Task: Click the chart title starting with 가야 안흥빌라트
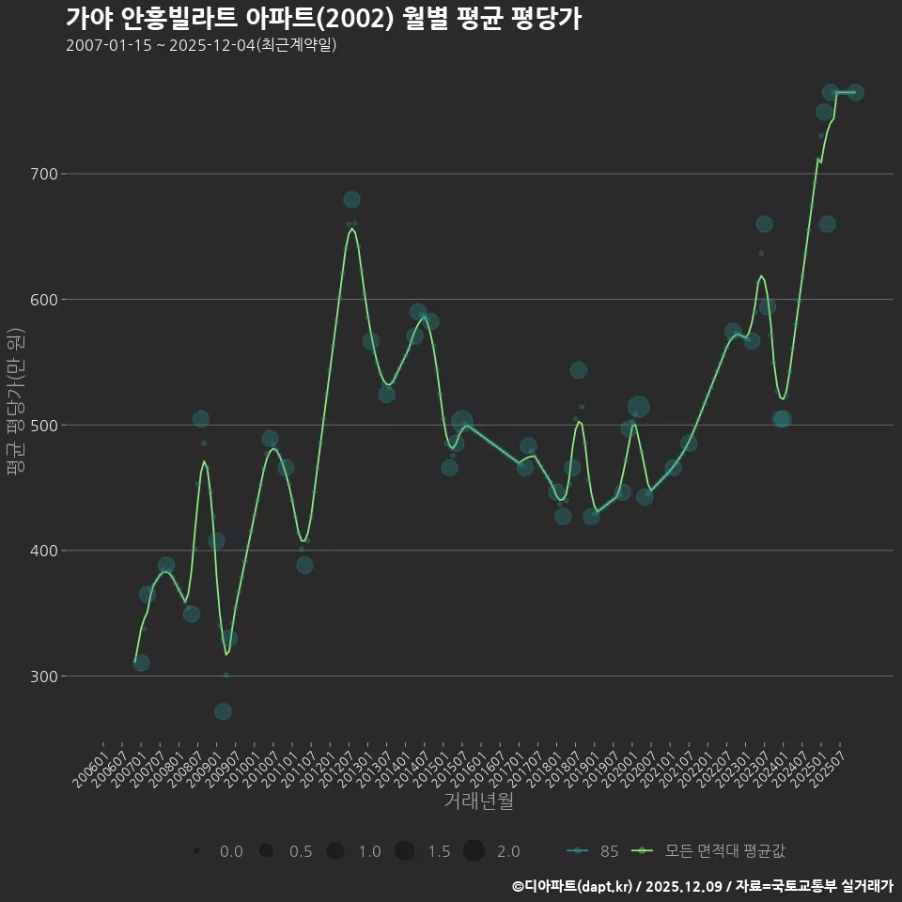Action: pyautogui.click(x=323, y=19)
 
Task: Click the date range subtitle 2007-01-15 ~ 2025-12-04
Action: pyautogui.click(x=201, y=45)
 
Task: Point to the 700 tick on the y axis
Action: pyautogui.click(x=45, y=174)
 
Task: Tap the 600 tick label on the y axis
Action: pyautogui.click(x=45, y=300)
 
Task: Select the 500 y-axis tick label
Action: pyautogui.click(x=45, y=425)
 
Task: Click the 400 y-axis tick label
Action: pyautogui.click(x=45, y=551)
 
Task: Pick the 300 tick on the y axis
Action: pyautogui.click(x=45, y=676)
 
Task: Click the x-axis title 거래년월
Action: pyautogui.click(x=478, y=801)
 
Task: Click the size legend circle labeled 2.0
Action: pyautogui.click(x=473, y=851)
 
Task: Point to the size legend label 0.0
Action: pyautogui.click(x=231, y=851)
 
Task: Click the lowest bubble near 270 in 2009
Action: pyautogui.click(x=223, y=711)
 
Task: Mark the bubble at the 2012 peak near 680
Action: pyautogui.click(x=351, y=199)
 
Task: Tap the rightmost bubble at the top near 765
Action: pyautogui.click(x=855, y=92)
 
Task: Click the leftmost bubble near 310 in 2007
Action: pyautogui.click(x=141, y=662)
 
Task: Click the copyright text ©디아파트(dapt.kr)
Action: pyautogui.click(x=574, y=886)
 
